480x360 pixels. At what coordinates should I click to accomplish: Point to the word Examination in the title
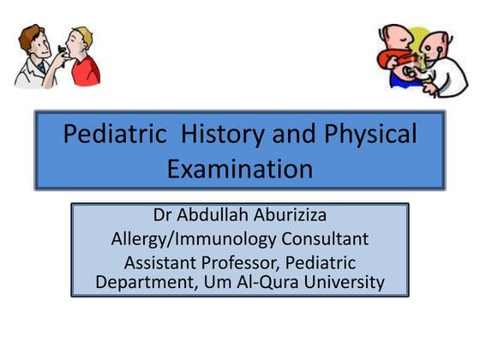[x=239, y=169]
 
